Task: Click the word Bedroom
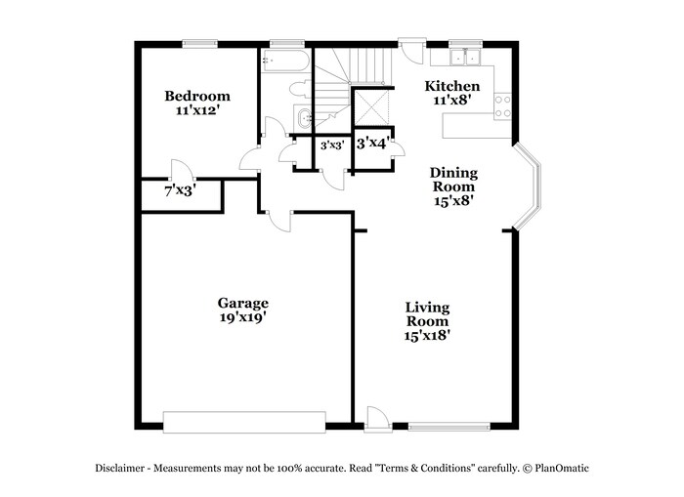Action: coord(197,96)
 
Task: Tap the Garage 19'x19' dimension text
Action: coord(243,317)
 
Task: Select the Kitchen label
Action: coord(451,86)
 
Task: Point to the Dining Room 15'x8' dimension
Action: coord(454,201)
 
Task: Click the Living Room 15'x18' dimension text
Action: coord(428,335)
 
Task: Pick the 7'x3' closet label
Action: coord(179,191)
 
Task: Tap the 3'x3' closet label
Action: coord(331,145)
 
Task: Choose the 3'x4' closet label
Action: coord(373,144)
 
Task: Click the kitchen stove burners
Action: coord(503,106)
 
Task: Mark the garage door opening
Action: coord(243,421)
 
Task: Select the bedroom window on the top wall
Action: coord(199,42)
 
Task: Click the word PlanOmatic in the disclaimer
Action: coord(560,468)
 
